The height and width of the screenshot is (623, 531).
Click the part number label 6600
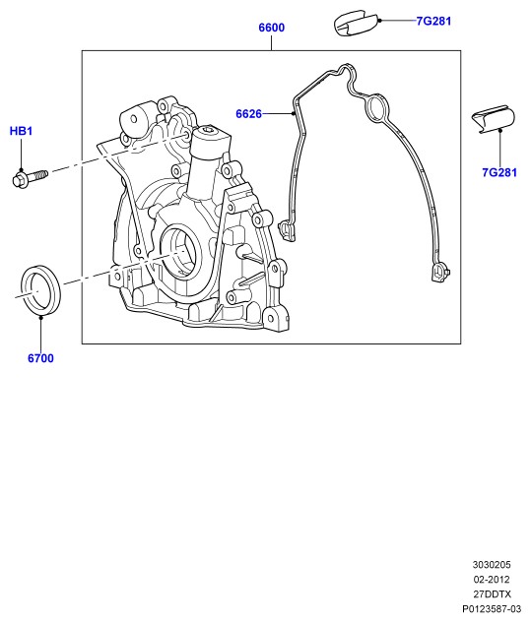271,28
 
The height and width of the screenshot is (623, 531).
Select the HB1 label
21,131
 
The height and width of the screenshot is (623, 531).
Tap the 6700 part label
40,358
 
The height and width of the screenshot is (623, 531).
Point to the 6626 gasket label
248,113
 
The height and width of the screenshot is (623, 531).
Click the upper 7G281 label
433,21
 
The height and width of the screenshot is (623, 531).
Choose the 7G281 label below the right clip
499,172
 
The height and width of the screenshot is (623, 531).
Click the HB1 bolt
30,178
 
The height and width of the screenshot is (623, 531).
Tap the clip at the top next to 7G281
356,23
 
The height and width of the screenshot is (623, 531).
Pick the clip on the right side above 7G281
494,120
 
